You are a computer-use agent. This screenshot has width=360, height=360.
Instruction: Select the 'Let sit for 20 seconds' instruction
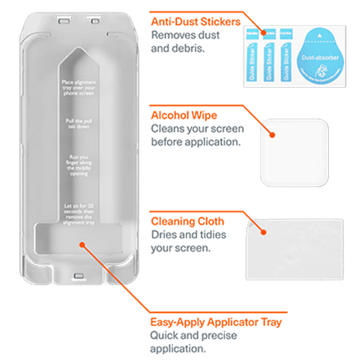[79, 205]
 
